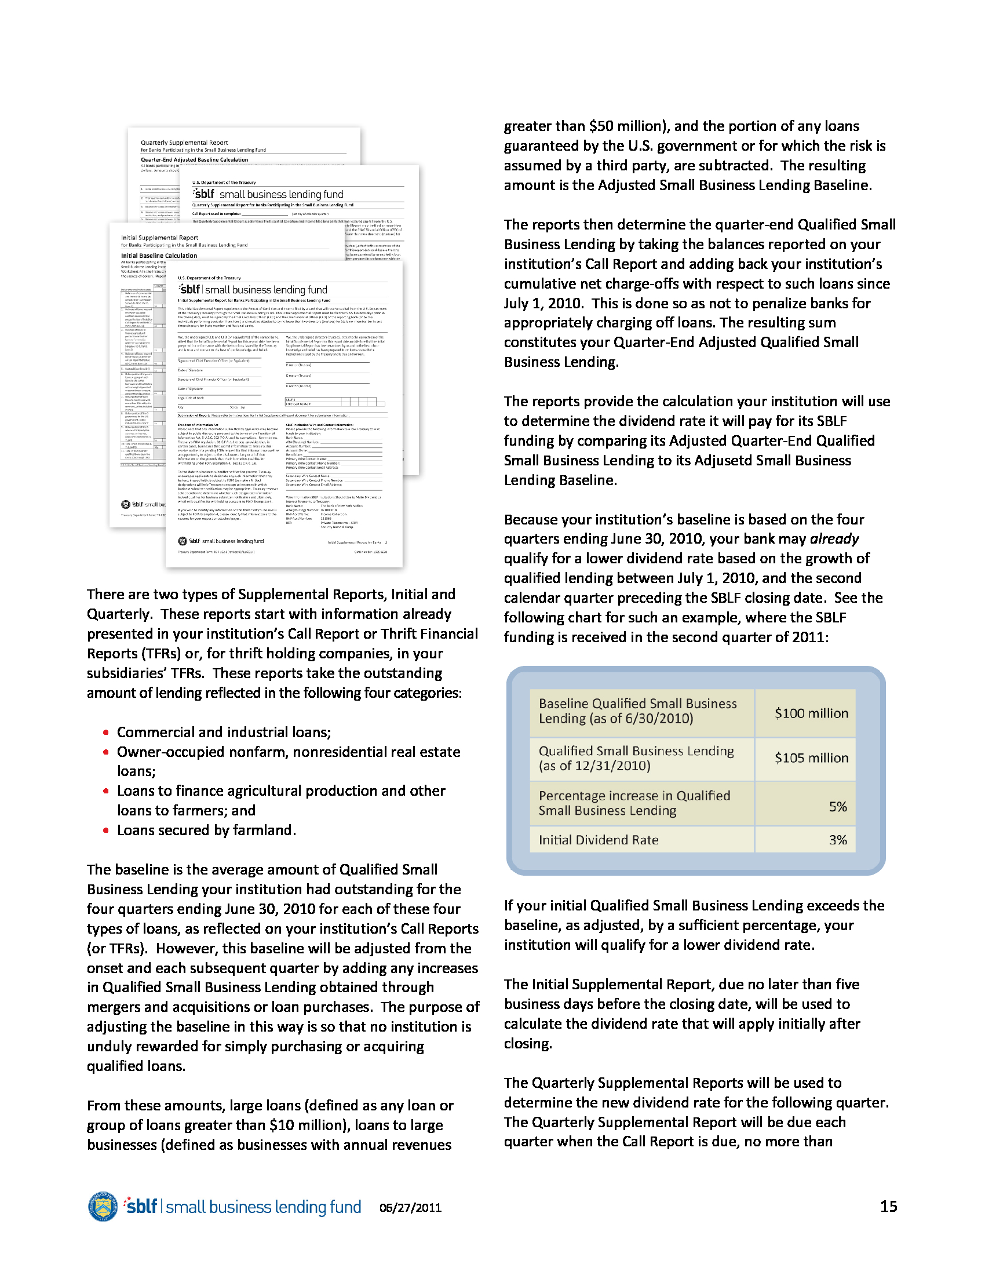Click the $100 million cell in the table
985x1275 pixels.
[x=811, y=713]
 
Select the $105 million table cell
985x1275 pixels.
[x=811, y=758]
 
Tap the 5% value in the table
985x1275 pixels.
[x=837, y=807]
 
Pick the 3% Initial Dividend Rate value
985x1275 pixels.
[x=837, y=840]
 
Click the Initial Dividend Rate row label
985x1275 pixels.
[x=598, y=840]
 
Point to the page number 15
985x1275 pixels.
[x=888, y=1206]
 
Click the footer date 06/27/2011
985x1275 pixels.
[x=410, y=1207]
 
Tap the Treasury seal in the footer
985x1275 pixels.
[x=103, y=1206]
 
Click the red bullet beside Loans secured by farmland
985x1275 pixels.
[x=105, y=830]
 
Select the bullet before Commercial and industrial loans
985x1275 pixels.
[x=105, y=733]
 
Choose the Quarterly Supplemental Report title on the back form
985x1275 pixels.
[x=184, y=143]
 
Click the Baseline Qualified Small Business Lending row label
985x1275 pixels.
[x=637, y=711]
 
